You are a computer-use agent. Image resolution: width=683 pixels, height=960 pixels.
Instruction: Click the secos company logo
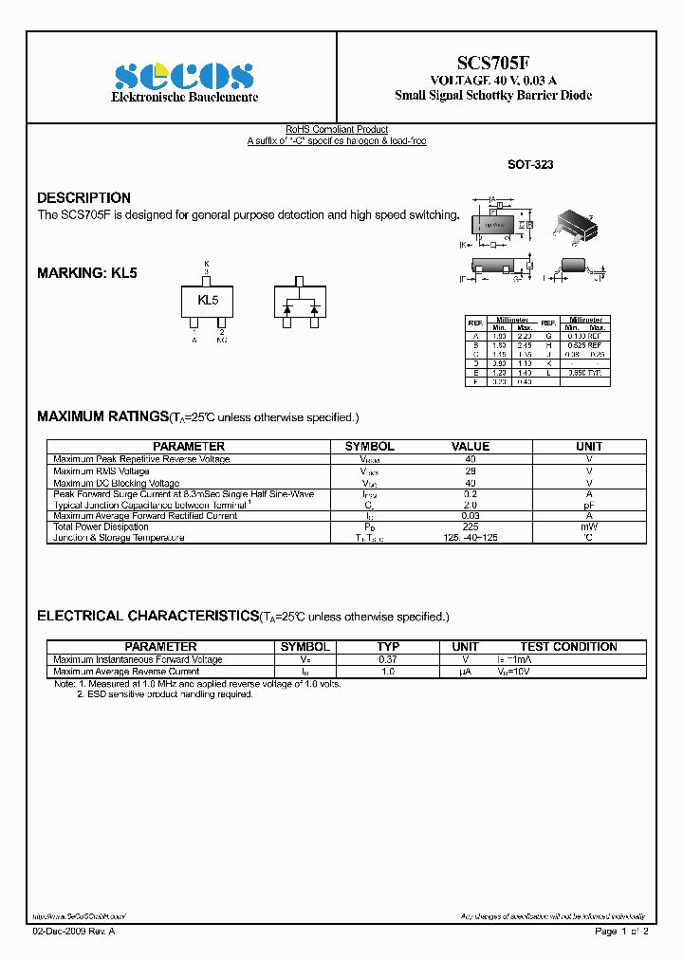(x=185, y=76)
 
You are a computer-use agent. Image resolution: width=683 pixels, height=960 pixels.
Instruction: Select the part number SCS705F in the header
(x=496, y=63)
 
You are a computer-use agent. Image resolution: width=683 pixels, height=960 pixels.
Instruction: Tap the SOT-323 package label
(x=530, y=164)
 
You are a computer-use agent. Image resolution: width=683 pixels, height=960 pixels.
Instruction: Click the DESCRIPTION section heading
(x=83, y=197)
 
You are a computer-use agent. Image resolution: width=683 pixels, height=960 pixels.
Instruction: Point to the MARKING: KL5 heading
(x=87, y=272)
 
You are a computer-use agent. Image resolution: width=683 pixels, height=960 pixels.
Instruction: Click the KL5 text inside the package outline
(x=208, y=300)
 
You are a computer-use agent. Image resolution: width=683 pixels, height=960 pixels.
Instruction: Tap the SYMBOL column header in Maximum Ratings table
(x=369, y=446)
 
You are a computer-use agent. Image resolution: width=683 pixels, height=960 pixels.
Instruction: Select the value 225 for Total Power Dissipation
(x=471, y=526)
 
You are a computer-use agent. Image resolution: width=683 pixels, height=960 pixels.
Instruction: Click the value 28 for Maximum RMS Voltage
(x=471, y=471)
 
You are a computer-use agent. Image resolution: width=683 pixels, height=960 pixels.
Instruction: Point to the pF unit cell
(x=589, y=506)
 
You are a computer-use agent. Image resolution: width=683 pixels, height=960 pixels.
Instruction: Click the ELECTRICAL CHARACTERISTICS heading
(x=147, y=616)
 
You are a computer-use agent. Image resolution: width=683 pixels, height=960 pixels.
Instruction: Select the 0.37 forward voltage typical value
(x=388, y=659)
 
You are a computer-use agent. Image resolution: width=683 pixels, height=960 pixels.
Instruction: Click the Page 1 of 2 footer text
(x=621, y=932)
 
